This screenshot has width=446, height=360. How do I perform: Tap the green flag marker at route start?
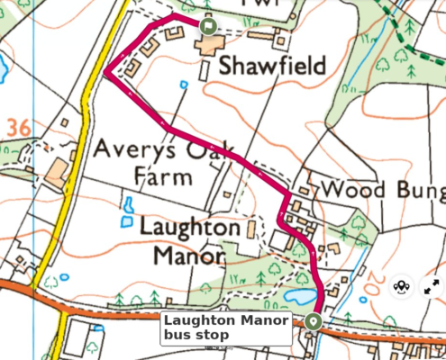point(208,27)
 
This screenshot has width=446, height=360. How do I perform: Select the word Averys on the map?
point(134,148)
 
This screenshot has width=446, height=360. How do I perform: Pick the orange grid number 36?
point(16,129)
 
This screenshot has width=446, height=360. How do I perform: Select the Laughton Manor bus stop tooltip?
point(226,328)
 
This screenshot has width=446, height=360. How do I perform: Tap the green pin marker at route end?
point(313,321)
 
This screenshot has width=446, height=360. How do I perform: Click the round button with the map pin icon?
point(402,287)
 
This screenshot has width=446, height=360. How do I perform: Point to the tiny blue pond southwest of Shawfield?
point(184,85)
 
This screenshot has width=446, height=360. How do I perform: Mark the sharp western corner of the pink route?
point(105,75)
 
